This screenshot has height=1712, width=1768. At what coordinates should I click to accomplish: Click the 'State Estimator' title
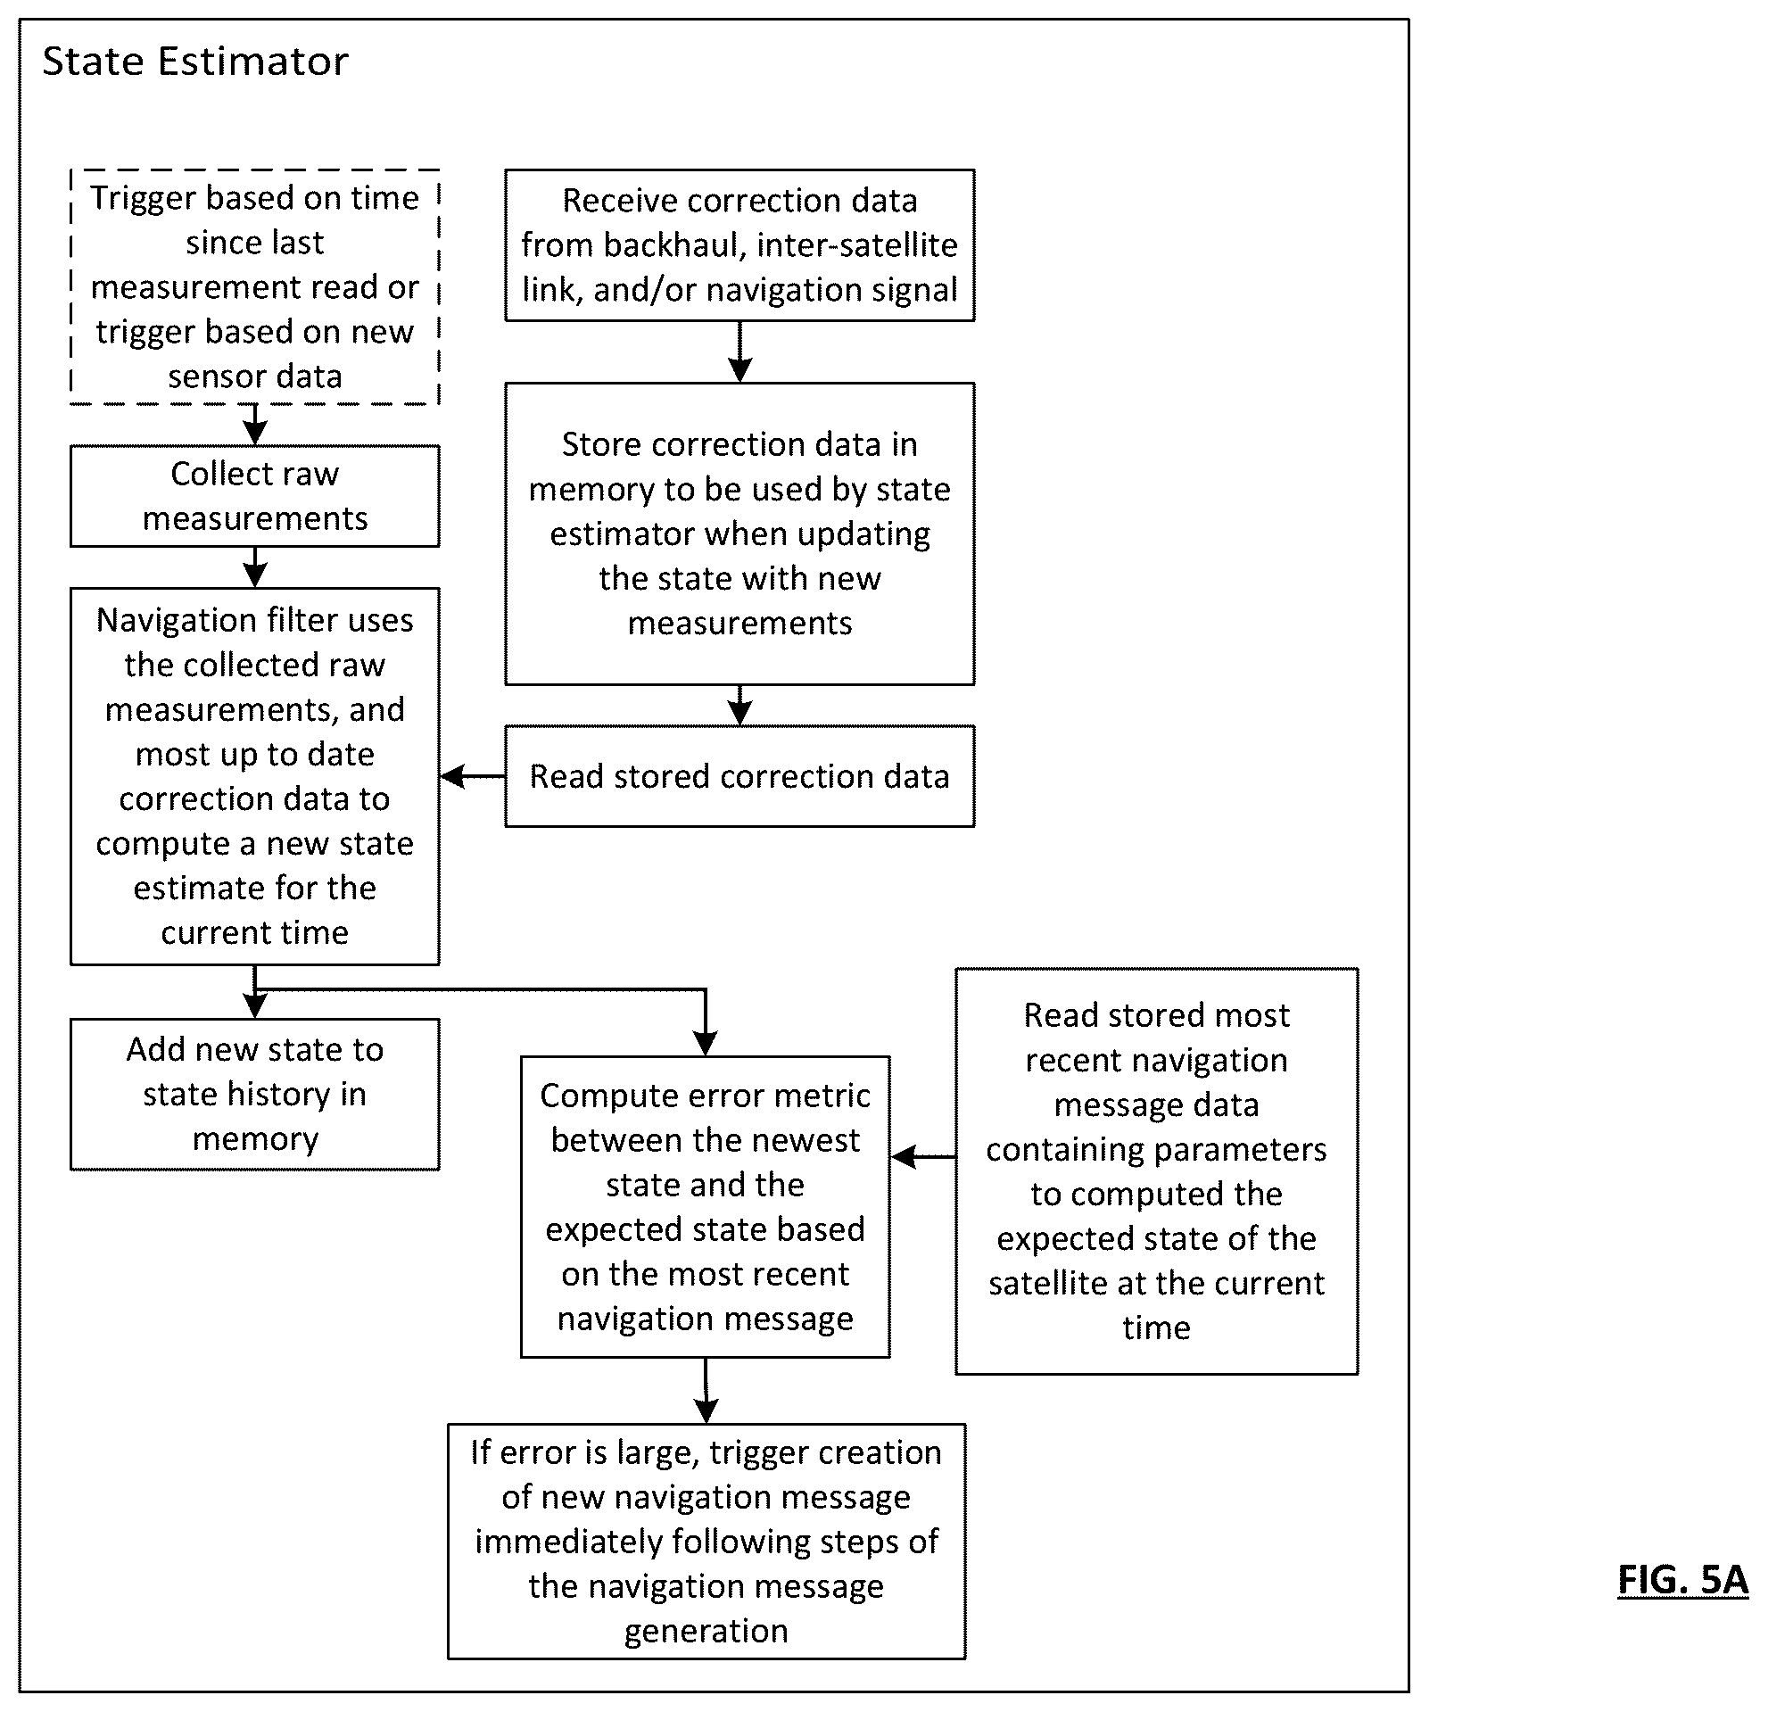pos(194,62)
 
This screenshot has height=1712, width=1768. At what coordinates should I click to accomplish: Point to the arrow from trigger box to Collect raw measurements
pos(255,425)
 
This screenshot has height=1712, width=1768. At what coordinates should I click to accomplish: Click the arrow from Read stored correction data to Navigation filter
pos(473,776)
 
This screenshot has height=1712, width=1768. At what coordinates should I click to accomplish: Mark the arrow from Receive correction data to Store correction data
pos(739,351)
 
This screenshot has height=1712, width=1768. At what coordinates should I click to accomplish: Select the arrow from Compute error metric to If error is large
pos(706,1391)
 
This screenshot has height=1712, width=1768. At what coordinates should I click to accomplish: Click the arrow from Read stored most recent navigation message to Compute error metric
pos(923,1156)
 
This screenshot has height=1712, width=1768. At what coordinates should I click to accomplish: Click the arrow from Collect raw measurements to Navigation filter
pos(255,567)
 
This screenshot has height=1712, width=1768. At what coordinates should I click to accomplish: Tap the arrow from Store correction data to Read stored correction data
pos(739,706)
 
